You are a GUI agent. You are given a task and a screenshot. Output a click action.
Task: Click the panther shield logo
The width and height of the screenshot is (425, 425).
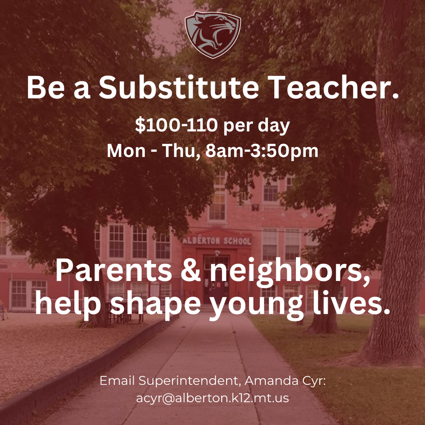(212, 34)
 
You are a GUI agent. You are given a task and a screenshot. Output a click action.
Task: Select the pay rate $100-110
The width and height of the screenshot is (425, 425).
(176, 126)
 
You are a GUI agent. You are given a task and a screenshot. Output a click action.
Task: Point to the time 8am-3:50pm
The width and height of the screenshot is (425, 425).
(262, 151)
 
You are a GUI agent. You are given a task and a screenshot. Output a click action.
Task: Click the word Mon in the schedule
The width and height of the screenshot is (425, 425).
(123, 151)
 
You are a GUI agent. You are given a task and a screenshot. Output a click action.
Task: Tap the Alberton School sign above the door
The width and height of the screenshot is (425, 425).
(217, 241)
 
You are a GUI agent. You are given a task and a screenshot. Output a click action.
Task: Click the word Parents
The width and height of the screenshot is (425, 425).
(113, 270)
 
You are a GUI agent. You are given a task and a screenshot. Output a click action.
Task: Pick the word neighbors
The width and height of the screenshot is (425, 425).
(290, 270)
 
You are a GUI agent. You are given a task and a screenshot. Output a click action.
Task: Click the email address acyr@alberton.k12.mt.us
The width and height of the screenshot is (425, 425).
(212, 398)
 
